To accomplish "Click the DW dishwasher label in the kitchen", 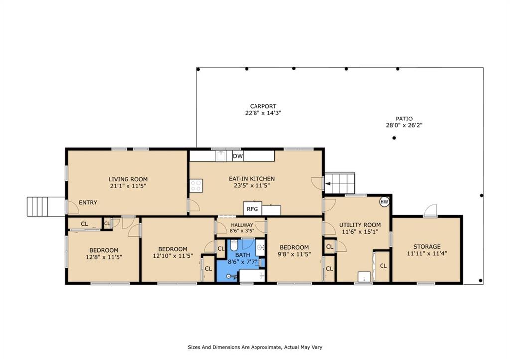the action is [x=238, y=156].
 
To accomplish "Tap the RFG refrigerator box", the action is [x=253, y=209].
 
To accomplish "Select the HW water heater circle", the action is [x=384, y=202].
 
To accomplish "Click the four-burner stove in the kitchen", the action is [x=196, y=185].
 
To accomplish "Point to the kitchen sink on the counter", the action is [x=221, y=156].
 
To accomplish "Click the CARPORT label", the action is [x=263, y=106].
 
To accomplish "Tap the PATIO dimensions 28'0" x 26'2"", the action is [x=404, y=125].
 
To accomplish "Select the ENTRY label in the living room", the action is [x=88, y=202].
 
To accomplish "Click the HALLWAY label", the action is [x=242, y=225].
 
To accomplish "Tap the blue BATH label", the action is [x=243, y=255].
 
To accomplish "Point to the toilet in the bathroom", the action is [x=234, y=243].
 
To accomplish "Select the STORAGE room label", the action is [x=427, y=247].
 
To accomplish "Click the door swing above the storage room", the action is [x=430, y=211].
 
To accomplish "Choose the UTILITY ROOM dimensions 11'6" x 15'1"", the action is [x=360, y=232].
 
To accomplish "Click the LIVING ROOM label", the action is [x=128, y=179].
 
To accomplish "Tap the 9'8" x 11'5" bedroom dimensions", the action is [x=294, y=254].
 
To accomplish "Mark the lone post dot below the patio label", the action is [x=394, y=138].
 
